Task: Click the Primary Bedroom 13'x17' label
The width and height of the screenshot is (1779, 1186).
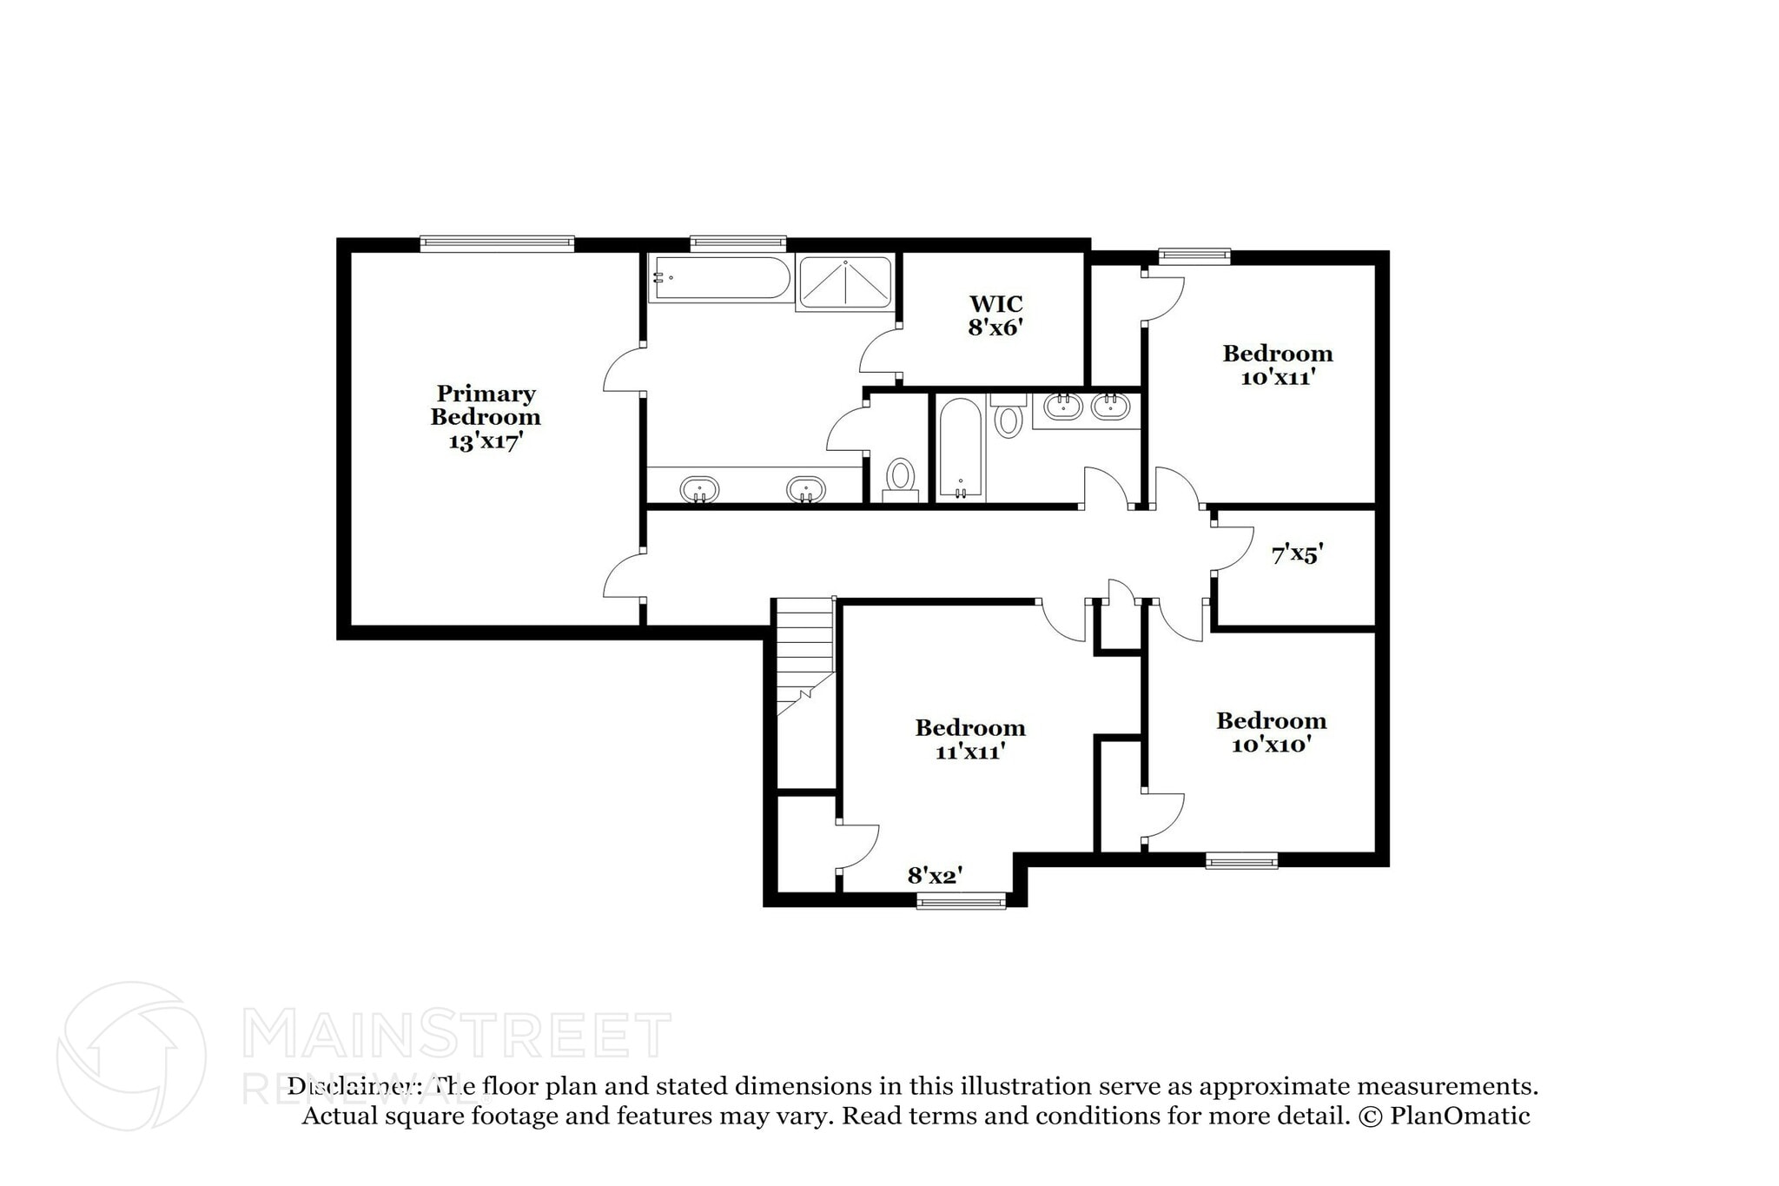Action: click(x=485, y=417)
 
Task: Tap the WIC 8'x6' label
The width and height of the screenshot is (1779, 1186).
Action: click(x=995, y=315)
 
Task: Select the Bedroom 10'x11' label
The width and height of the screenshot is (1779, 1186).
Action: click(x=1277, y=365)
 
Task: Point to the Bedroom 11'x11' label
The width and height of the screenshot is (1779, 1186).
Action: click(x=969, y=739)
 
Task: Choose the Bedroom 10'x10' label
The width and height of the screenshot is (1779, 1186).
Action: click(x=1271, y=732)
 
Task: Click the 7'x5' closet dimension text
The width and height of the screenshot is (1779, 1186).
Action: click(x=1296, y=554)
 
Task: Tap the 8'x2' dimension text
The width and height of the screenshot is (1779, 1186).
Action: click(x=935, y=876)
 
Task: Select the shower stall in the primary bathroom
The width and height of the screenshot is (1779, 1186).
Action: click(x=844, y=282)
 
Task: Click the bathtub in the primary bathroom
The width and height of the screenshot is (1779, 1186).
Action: click(x=719, y=278)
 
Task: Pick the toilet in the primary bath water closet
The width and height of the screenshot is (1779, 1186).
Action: click(x=900, y=478)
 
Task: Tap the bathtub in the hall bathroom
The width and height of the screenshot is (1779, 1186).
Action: click(x=960, y=447)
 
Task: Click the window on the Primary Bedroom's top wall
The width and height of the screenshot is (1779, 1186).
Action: click(x=497, y=243)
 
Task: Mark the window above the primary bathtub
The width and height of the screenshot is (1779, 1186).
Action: click(x=737, y=243)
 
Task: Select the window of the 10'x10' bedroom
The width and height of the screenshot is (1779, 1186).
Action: click(x=1241, y=861)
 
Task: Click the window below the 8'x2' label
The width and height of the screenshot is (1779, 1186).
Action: click(x=961, y=902)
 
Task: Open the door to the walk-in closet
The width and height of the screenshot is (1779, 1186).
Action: click(x=879, y=356)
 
